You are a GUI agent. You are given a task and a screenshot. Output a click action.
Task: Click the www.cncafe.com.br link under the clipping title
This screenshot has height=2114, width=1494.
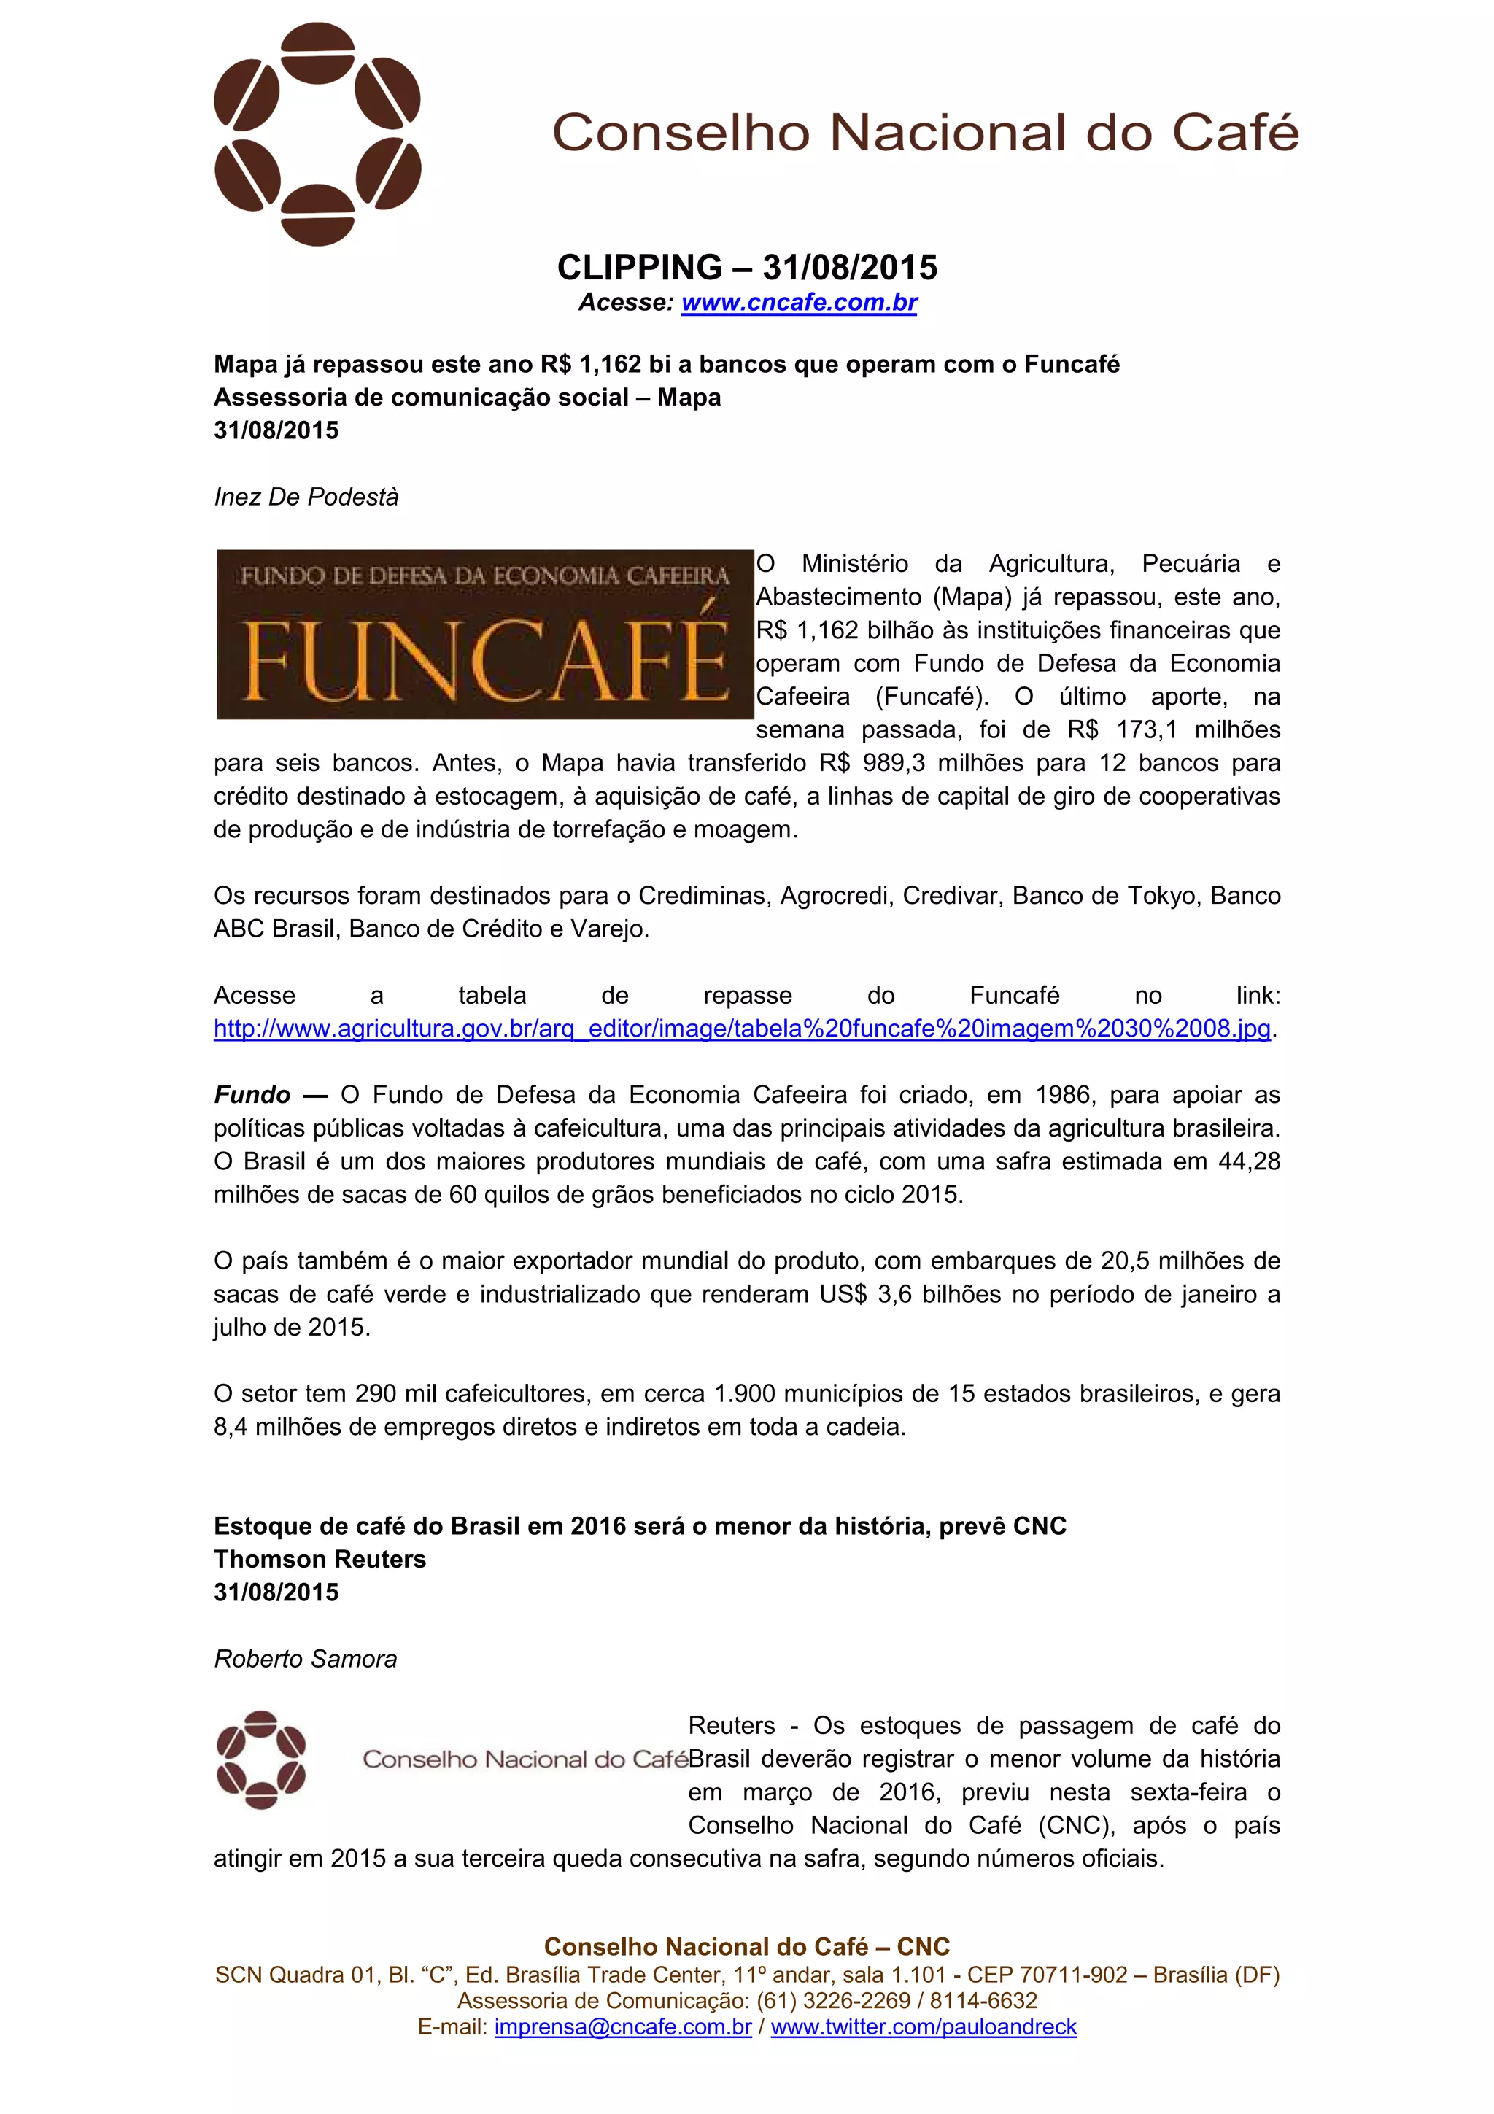(x=799, y=302)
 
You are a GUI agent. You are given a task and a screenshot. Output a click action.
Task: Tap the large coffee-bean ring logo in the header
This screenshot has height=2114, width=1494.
(x=317, y=134)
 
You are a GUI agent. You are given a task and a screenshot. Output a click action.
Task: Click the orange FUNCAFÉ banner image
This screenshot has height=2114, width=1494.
(x=485, y=635)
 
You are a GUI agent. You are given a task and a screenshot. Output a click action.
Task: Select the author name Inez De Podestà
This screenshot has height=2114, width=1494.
(x=306, y=497)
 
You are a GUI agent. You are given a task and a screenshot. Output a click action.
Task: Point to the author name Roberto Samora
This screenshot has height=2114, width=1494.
(x=306, y=1659)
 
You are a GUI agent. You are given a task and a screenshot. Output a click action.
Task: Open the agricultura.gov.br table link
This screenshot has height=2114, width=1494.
(x=742, y=1029)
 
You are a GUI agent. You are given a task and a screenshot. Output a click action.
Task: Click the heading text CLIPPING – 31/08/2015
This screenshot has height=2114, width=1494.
(x=746, y=268)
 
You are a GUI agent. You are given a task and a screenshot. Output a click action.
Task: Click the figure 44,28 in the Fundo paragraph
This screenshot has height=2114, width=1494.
(x=1249, y=1161)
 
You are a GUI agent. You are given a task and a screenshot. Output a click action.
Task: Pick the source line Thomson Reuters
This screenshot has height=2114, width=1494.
(x=320, y=1559)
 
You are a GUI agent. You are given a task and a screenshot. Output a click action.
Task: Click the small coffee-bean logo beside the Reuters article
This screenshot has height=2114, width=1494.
(x=261, y=1759)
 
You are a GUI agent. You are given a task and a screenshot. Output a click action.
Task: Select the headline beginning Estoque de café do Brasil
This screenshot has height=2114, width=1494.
(x=640, y=1525)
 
